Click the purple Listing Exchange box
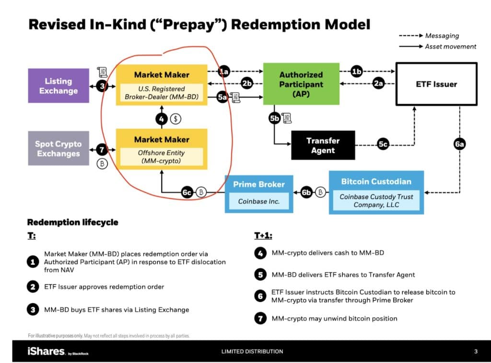pos(58,86)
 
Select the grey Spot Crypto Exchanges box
pos(58,148)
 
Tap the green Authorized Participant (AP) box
pos(301,84)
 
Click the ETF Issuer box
pos(436,84)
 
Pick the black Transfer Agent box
pos(323,146)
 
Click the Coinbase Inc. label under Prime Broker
pos(258,201)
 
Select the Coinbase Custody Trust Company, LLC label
pos(376,201)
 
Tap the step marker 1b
pos(356,72)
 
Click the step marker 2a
pos(378,83)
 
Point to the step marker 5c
pos(383,144)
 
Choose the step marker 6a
pos(459,144)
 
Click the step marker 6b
pos(306,193)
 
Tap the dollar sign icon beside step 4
pos(175,119)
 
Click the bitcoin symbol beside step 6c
pos(201,192)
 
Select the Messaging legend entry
pos(429,35)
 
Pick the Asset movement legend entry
pos(437,46)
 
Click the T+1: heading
pos(263,236)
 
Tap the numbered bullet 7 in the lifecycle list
pos(260,318)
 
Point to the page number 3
pos(476,352)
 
